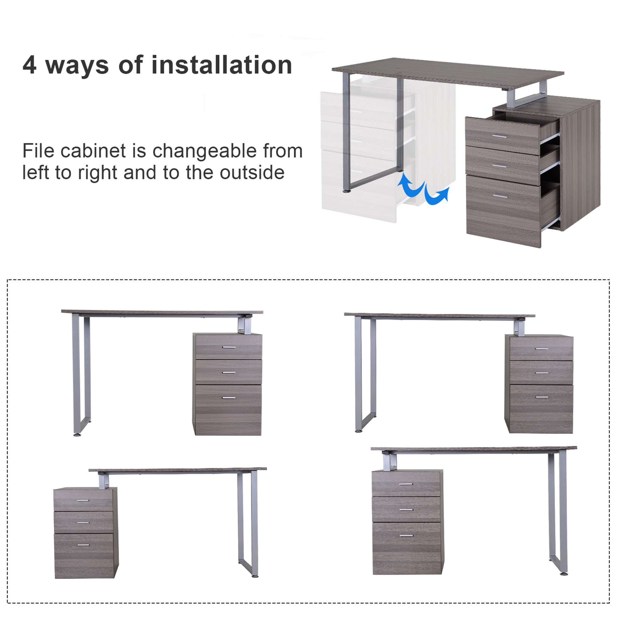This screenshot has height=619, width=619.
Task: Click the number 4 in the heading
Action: coord(30,65)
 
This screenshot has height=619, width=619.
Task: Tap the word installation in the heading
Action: coord(221,65)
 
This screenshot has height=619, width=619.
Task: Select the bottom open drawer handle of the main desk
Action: coord(500,196)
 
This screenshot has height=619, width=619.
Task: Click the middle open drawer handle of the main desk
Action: coord(499,166)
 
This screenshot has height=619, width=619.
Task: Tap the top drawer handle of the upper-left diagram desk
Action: coord(229,347)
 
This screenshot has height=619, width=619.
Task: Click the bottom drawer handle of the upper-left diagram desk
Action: coord(229,398)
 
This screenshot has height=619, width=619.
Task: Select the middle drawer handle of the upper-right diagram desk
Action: coord(541,373)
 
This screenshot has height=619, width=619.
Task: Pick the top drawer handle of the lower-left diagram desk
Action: coord(83,500)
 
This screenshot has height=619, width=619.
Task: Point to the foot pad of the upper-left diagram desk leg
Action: coord(77,435)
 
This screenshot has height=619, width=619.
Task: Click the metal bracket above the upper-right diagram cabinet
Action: coord(519,328)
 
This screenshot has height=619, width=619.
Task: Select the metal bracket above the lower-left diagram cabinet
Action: coord(103,481)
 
